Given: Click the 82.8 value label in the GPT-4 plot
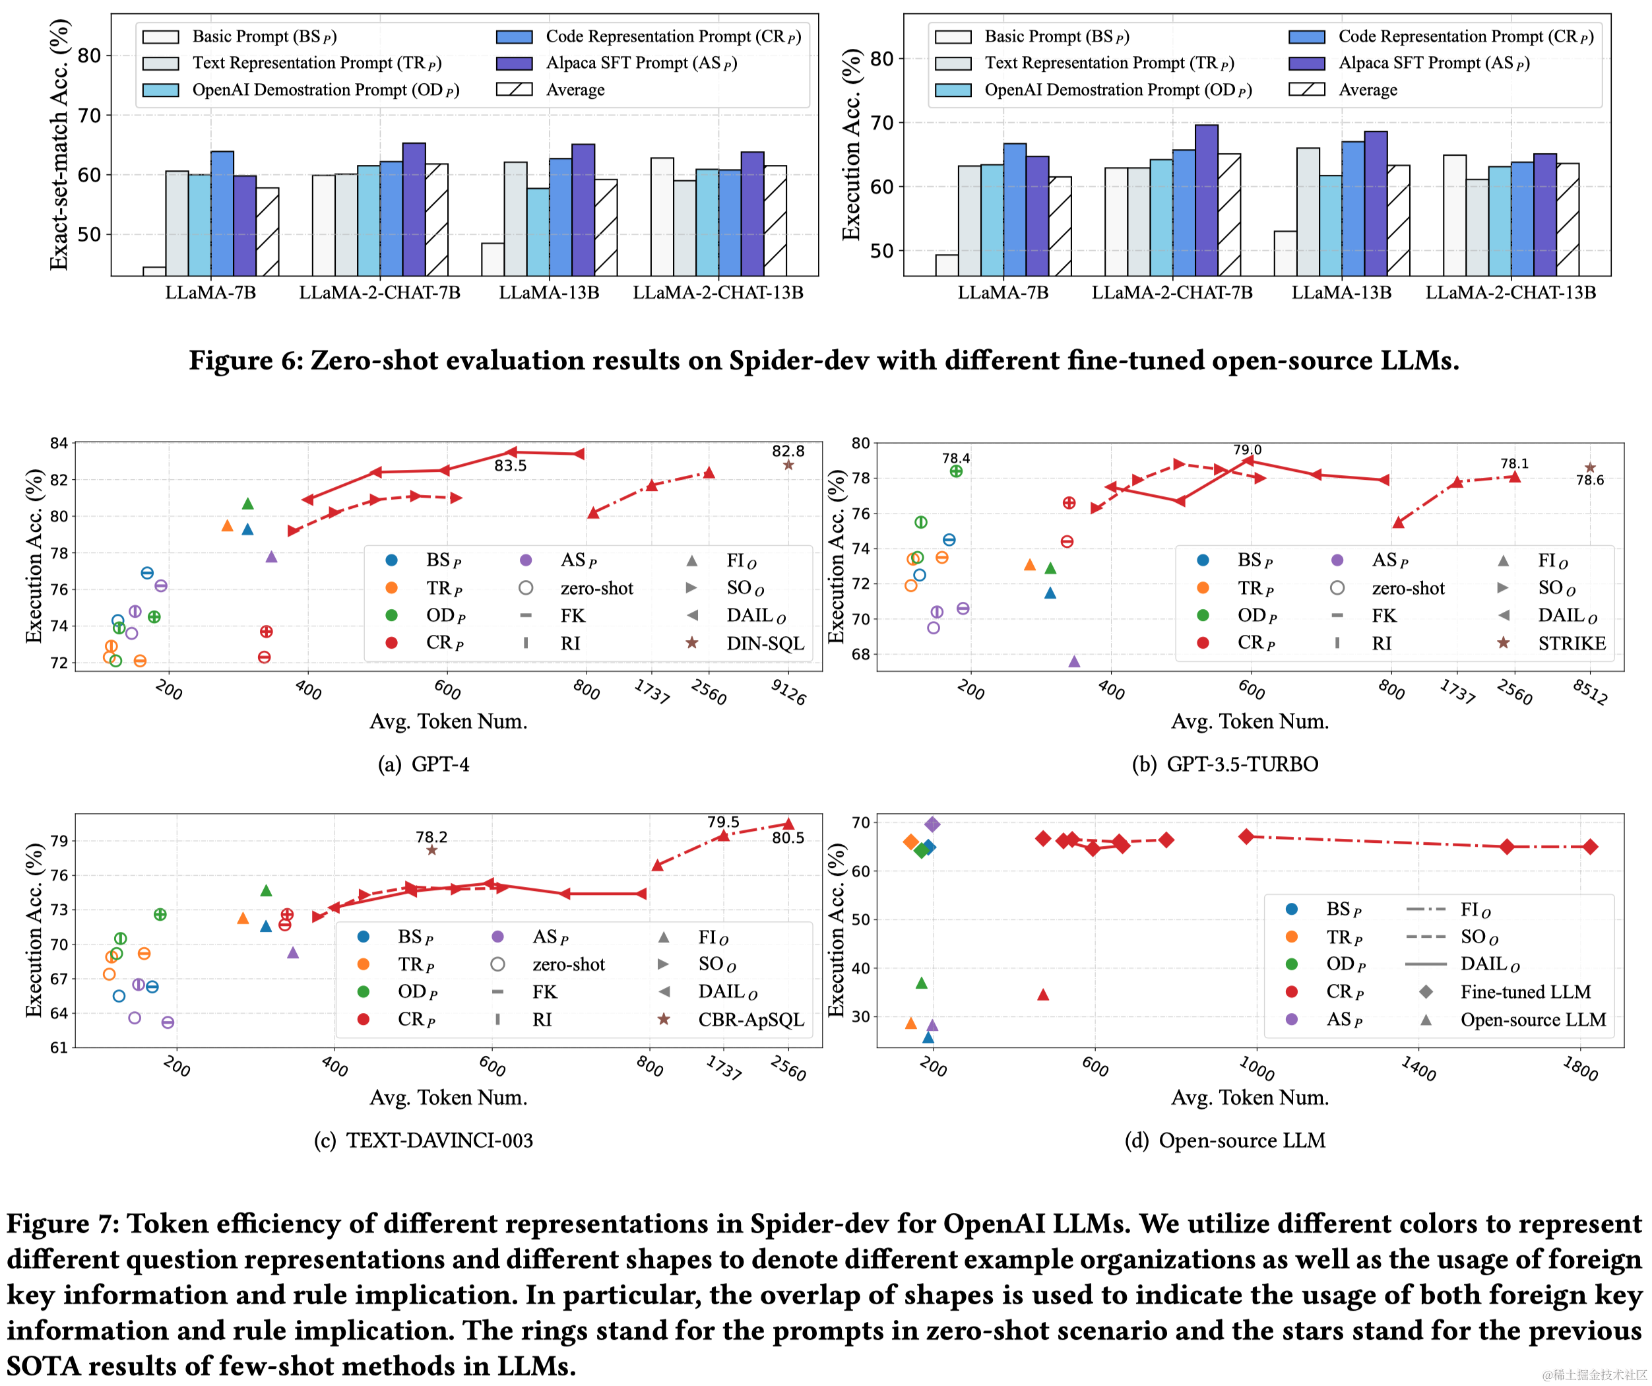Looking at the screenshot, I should (788, 451).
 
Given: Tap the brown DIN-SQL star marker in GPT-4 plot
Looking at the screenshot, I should (788, 465).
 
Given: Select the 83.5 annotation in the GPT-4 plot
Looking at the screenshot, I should (511, 466).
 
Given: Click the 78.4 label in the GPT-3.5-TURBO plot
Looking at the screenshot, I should (956, 458).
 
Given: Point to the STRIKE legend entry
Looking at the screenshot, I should (1571, 643).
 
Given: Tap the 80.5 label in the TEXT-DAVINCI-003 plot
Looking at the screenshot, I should (788, 838).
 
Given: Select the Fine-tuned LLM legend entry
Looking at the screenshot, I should (1525, 992).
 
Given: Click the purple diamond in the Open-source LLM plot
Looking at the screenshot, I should (932, 824).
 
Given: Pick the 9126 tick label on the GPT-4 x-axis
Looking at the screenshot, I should (788, 692).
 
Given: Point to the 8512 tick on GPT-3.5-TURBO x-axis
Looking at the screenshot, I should (1590, 692).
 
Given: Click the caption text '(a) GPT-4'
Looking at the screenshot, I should (424, 764).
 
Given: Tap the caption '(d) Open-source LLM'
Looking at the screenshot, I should (1225, 1140).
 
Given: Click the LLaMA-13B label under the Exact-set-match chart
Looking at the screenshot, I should (548, 293).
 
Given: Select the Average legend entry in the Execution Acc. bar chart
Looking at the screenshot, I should (1368, 90).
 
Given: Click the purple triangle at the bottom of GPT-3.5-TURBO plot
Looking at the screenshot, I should (1075, 661).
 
